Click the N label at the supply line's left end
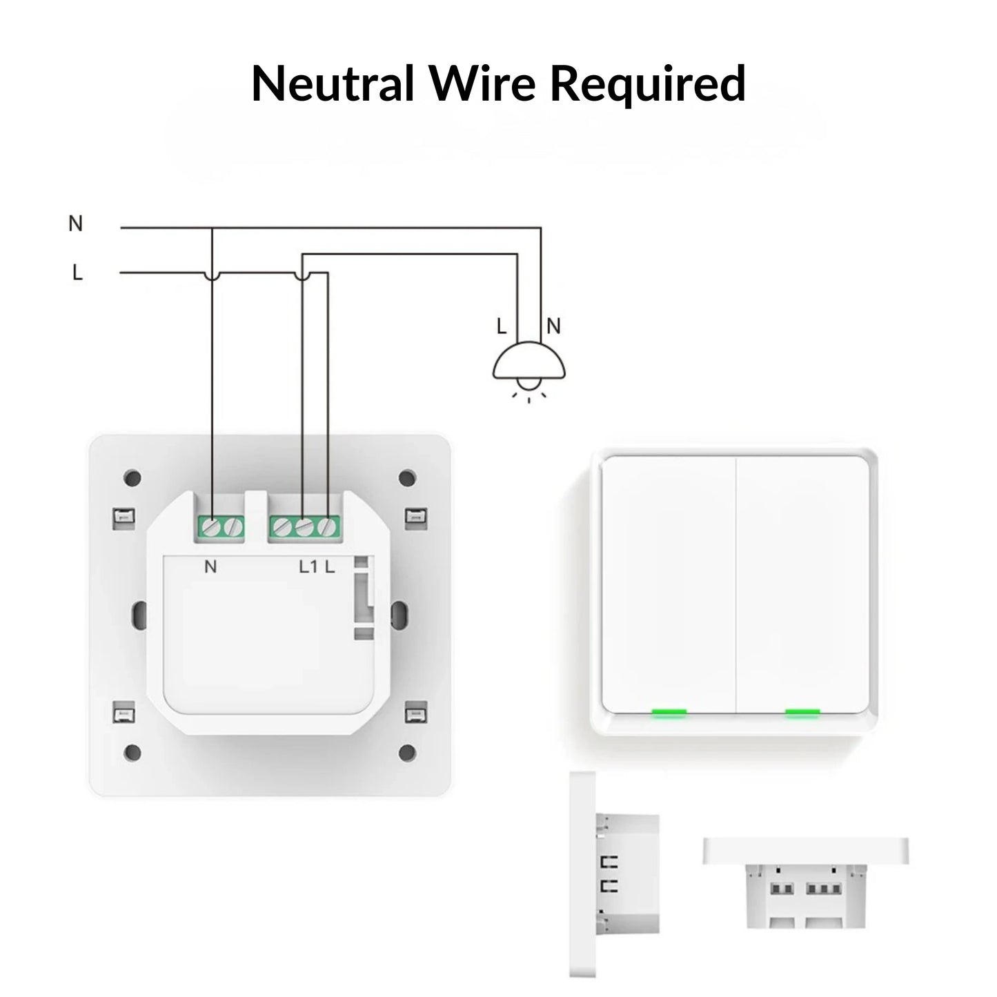point(76,224)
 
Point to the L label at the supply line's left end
point(77,273)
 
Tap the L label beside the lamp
point(502,326)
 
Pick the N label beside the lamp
point(553,326)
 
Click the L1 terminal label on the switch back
point(308,567)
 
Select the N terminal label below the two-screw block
point(211,567)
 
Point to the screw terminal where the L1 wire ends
point(304,528)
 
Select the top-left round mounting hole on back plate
point(134,477)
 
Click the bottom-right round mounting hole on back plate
point(408,751)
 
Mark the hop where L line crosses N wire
point(212,275)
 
